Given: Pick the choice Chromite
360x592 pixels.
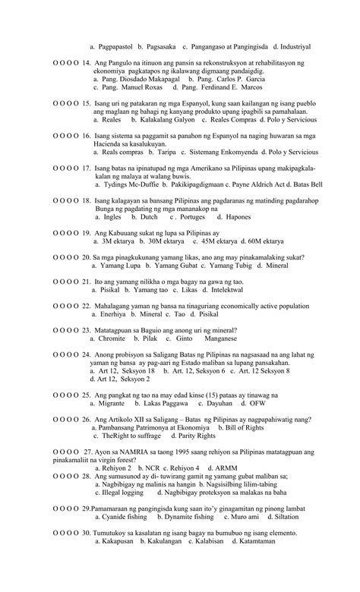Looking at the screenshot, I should (117, 339).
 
